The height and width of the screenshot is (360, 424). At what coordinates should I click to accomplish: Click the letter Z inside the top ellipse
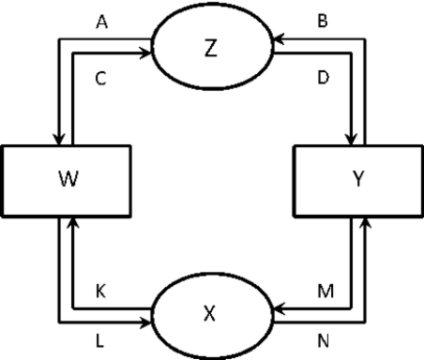coord(211,49)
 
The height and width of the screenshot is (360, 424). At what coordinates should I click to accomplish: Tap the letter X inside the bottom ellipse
coord(211,314)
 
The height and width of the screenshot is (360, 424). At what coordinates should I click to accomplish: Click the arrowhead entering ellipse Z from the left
coord(150,53)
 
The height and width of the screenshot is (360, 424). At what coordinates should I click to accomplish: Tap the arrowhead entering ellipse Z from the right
coord(273,39)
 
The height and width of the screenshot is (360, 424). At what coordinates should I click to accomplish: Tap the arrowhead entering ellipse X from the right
coord(273,307)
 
